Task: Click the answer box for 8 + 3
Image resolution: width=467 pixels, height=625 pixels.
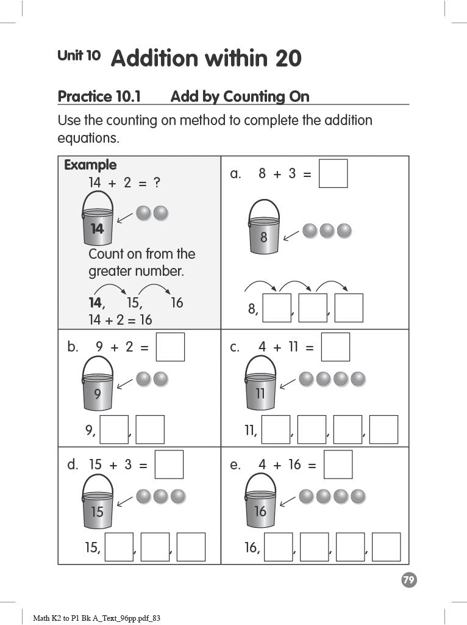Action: pos(333,173)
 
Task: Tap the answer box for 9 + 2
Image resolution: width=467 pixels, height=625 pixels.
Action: pos(170,347)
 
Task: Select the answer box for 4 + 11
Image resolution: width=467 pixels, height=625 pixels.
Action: pos(335,347)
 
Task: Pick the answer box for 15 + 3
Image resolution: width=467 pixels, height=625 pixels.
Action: pos(169,464)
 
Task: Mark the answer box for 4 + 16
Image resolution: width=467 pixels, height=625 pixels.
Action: pos(338,464)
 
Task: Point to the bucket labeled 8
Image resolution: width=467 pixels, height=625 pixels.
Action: pos(264,228)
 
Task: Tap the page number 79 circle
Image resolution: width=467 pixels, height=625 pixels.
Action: pos(409,580)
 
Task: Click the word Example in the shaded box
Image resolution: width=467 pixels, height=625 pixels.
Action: pos(90,165)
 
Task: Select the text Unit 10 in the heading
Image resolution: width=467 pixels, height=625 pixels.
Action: pos(79,56)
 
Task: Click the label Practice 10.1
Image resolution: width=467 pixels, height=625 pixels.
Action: pos(99,96)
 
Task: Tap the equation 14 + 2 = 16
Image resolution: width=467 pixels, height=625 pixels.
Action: pos(120,319)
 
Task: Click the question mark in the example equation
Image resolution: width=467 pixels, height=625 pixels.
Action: pos(157,182)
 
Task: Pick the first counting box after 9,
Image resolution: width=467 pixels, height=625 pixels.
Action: pos(114,430)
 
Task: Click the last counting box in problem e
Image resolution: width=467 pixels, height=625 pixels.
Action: pos(386,547)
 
